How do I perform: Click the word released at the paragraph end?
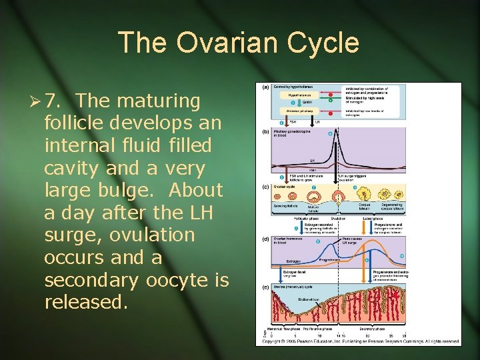[85, 303]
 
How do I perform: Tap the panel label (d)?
[265, 238]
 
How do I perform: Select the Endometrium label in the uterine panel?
[309, 299]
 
